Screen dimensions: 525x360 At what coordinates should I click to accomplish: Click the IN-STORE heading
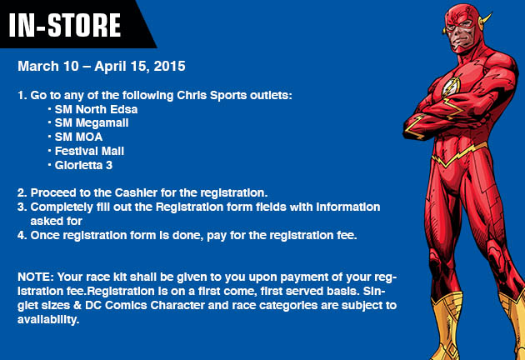pyautogui.click(x=65, y=25)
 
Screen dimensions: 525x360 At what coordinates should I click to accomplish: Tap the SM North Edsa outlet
pyautogui.click(x=96, y=109)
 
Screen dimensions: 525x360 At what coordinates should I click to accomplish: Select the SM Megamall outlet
pyautogui.click(x=92, y=123)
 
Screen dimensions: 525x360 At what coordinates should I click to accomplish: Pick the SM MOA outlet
pyautogui.click(x=78, y=137)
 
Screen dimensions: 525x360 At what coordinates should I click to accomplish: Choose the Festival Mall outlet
pyautogui.click(x=89, y=151)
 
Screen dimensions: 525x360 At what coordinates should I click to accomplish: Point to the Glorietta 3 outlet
pyautogui.click(x=83, y=165)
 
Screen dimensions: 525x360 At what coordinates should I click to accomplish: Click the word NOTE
pyautogui.click(x=36, y=277)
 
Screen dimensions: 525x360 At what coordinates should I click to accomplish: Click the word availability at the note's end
pyautogui.click(x=48, y=319)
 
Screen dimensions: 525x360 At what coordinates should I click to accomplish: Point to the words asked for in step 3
pyautogui.click(x=57, y=221)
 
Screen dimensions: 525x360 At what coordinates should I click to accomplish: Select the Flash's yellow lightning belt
pyautogui.click(x=458, y=155)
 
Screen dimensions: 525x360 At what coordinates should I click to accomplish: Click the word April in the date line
pyautogui.click(x=107, y=67)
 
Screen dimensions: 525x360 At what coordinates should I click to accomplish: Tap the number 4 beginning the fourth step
pyautogui.click(x=21, y=235)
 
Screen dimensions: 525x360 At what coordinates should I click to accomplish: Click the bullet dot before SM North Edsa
pyautogui.click(x=49, y=109)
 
